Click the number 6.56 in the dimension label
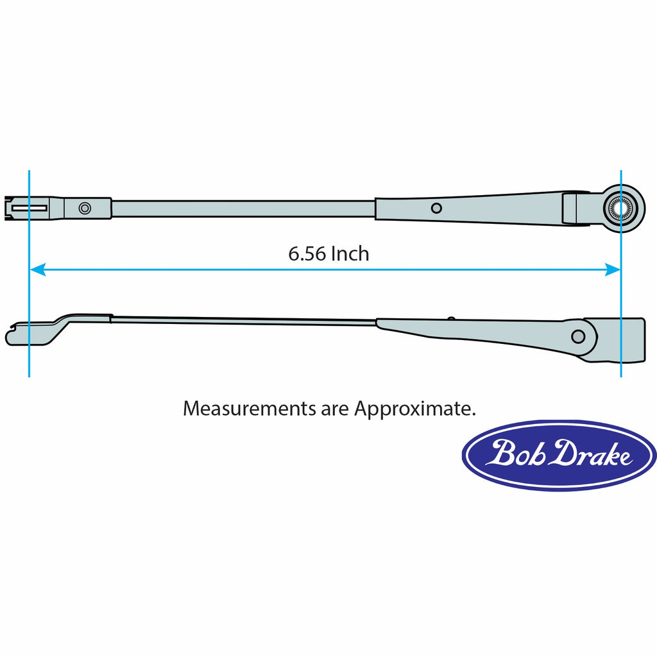307,254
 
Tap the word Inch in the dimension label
350,254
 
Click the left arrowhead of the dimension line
37,270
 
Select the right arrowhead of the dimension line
613,270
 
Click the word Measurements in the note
250,408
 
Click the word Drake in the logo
591,454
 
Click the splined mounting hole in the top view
620,207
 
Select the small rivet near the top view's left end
85,208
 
